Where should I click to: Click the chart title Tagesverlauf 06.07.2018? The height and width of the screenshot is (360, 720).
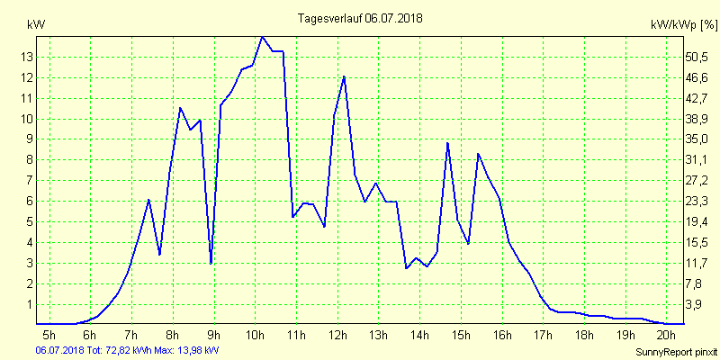360,18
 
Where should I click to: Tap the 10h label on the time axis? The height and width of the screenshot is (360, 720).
256,336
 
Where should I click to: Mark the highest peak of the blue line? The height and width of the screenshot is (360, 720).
262,37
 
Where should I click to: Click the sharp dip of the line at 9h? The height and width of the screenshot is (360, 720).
211,263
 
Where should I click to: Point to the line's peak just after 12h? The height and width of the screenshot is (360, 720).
344,76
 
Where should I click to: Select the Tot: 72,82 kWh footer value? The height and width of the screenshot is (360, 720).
124,350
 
